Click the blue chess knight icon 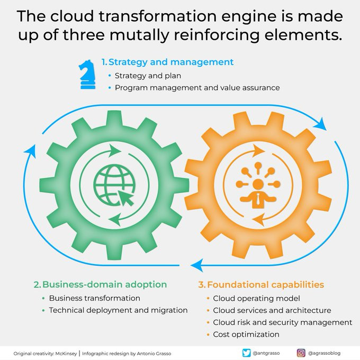click(87, 75)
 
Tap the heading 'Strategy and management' click(171, 62)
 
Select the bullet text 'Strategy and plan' click(148, 76)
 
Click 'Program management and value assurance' click(197, 88)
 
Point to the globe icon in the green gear click(114, 185)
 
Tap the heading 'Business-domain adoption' click(104, 284)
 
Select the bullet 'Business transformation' click(95, 298)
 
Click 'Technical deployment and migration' click(118, 310)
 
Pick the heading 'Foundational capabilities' click(265, 285)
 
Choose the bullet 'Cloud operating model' click(256, 299)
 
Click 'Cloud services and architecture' click(272, 310)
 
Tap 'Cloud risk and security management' click(283, 322)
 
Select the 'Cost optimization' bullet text click(246, 335)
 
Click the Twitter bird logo click(246, 353)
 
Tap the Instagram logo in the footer click(301, 353)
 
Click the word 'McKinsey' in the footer click(66, 354)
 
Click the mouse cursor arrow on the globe click(126, 198)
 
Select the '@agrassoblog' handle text click(324, 353)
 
